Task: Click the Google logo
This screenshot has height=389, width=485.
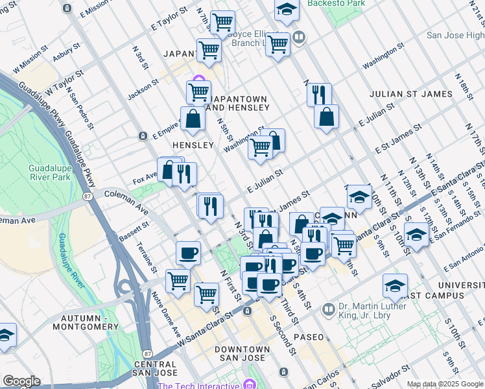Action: [x=21, y=381]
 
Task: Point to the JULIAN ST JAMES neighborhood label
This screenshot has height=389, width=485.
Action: [x=410, y=94]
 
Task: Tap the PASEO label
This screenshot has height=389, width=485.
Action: [x=308, y=338]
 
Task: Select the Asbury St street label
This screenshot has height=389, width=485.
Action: [x=66, y=56]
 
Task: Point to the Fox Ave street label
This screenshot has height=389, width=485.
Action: [x=145, y=176]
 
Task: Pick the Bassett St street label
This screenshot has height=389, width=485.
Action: [x=134, y=231]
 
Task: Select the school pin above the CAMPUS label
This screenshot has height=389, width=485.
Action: [x=395, y=284]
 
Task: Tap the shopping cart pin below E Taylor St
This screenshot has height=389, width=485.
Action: [x=222, y=23]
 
